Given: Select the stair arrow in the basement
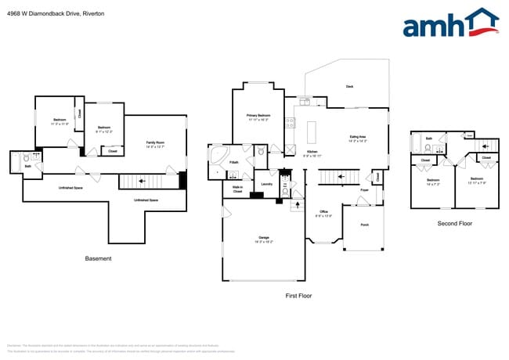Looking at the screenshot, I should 142,181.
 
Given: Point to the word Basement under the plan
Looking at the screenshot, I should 98,258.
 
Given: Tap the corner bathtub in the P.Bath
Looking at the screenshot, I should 217,154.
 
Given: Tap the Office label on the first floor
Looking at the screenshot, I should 323,214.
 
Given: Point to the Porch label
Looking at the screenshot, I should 364,225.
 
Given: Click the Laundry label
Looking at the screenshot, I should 266,184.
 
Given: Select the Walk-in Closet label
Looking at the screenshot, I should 237,189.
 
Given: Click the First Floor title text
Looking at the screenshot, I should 298,297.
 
